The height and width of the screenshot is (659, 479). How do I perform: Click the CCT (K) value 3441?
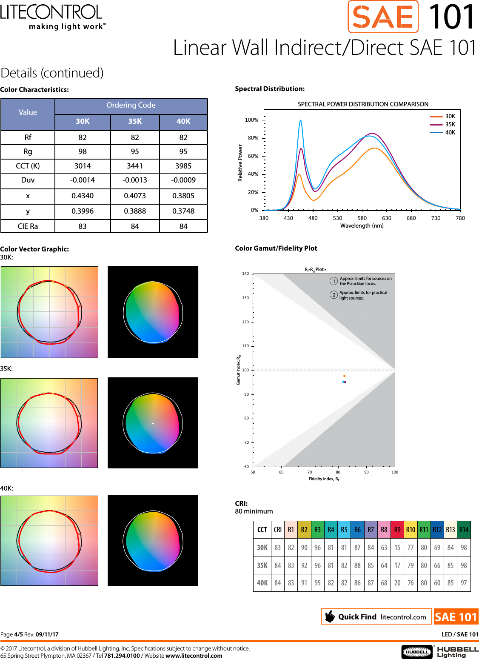tap(135, 166)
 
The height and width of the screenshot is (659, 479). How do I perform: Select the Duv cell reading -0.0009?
tap(183, 180)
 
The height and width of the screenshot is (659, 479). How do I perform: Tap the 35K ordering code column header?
tap(135, 121)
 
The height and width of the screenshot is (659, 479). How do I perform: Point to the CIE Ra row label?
tap(28, 226)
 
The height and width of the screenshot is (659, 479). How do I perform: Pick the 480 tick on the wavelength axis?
tap(313, 218)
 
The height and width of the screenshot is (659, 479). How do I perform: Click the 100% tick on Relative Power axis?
tap(251, 120)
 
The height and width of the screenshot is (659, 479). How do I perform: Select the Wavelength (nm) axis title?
tap(362, 225)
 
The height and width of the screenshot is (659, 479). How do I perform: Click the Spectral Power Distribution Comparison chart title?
tap(363, 104)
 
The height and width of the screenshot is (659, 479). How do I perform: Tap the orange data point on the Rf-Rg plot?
tap(344, 376)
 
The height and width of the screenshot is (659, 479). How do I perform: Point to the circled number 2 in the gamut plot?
tap(334, 295)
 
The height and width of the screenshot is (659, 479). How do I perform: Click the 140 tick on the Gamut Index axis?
tap(245, 274)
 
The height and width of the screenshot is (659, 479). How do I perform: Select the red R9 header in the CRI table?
tap(397, 530)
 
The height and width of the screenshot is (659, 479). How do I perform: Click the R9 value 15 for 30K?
tap(397, 548)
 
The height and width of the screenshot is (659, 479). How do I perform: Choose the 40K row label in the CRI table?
tap(262, 583)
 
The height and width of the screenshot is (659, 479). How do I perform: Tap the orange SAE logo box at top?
tap(383, 17)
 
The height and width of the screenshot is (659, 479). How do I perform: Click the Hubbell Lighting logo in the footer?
tap(440, 651)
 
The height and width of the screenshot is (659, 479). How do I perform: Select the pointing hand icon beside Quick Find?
tap(330, 616)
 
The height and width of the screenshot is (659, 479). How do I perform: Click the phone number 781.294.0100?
tap(122, 656)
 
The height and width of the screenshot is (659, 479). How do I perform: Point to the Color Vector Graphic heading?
tap(34, 249)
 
